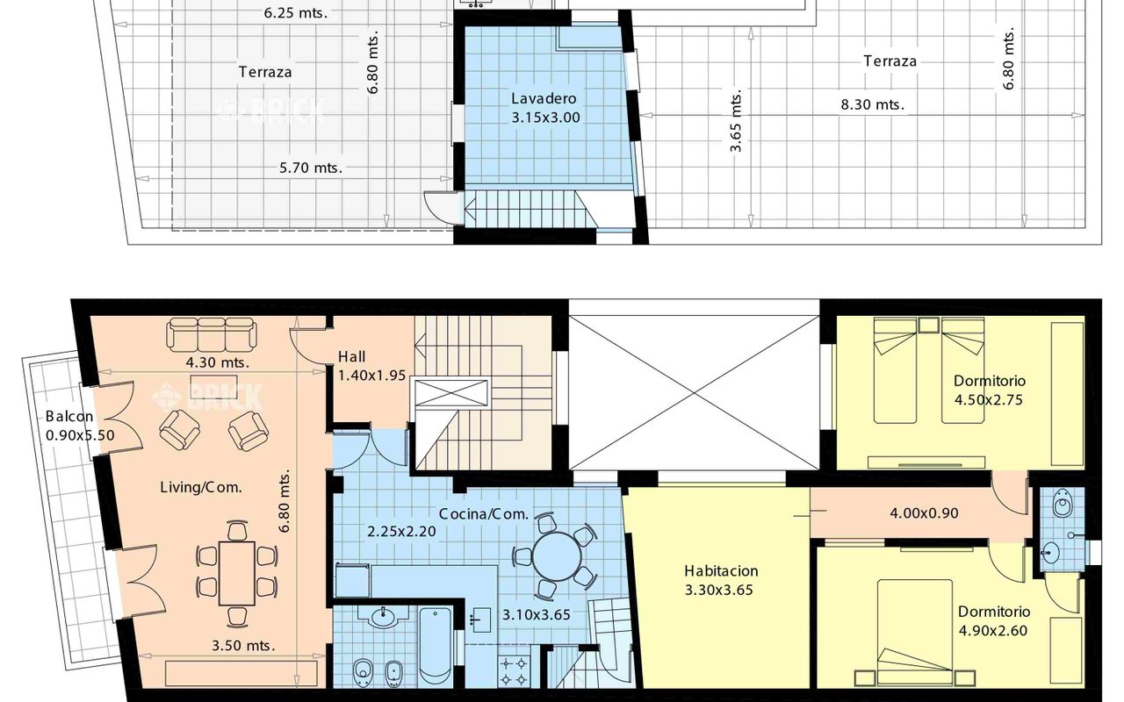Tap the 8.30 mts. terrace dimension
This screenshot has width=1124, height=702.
(x=873, y=104)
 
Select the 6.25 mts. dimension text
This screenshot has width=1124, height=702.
(x=296, y=12)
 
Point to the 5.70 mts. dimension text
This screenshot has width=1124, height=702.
(x=311, y=168)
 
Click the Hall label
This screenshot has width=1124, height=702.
(x=351, y=356)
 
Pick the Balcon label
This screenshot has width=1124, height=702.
(x=69, y=416)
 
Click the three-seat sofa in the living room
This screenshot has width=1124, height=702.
(x=212, y=334)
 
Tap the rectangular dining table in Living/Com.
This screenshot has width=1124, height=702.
(x=237, y=573)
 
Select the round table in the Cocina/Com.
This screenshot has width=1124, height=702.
(x=557, y=556)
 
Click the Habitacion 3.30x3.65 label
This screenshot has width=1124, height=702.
(x=721, y=580)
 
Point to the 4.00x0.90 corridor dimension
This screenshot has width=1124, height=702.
(x=924, y=513)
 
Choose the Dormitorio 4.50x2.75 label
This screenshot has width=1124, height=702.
(x=989, y=390)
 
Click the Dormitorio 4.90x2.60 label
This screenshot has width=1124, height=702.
(x=993, y=620)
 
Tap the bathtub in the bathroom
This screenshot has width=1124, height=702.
(x=435, y=647)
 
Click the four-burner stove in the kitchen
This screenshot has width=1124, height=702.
(x=515, y=671)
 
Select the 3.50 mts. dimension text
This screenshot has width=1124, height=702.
(x=243, y=645)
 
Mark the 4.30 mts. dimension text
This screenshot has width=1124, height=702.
(x=217, y=362)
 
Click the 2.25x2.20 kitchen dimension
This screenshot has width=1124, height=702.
(x=401, y=531)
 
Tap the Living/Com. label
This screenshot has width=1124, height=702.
(x=201, y=487)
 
